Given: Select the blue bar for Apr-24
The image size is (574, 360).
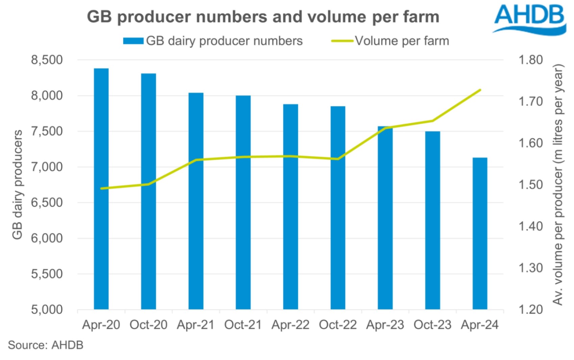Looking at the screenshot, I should [480, 236].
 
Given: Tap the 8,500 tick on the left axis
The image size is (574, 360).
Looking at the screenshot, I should [47, 60].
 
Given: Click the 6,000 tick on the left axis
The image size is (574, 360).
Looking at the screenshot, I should [47, 238].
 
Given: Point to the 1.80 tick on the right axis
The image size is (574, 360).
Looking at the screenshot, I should [530, 60].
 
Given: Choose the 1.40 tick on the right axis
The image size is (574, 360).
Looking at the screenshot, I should [530, 226].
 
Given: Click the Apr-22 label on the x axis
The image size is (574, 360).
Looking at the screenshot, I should [291, 325].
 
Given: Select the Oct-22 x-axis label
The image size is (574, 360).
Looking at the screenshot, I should [338, 325].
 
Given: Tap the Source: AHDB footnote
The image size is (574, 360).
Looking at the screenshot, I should [46, 345].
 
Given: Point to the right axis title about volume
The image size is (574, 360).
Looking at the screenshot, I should [558, 184].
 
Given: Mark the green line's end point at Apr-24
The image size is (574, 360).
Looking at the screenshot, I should [480, 90].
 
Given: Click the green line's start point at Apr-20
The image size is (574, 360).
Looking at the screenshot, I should [101, 188].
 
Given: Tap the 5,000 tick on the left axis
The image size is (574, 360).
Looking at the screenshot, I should [47, 310].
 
